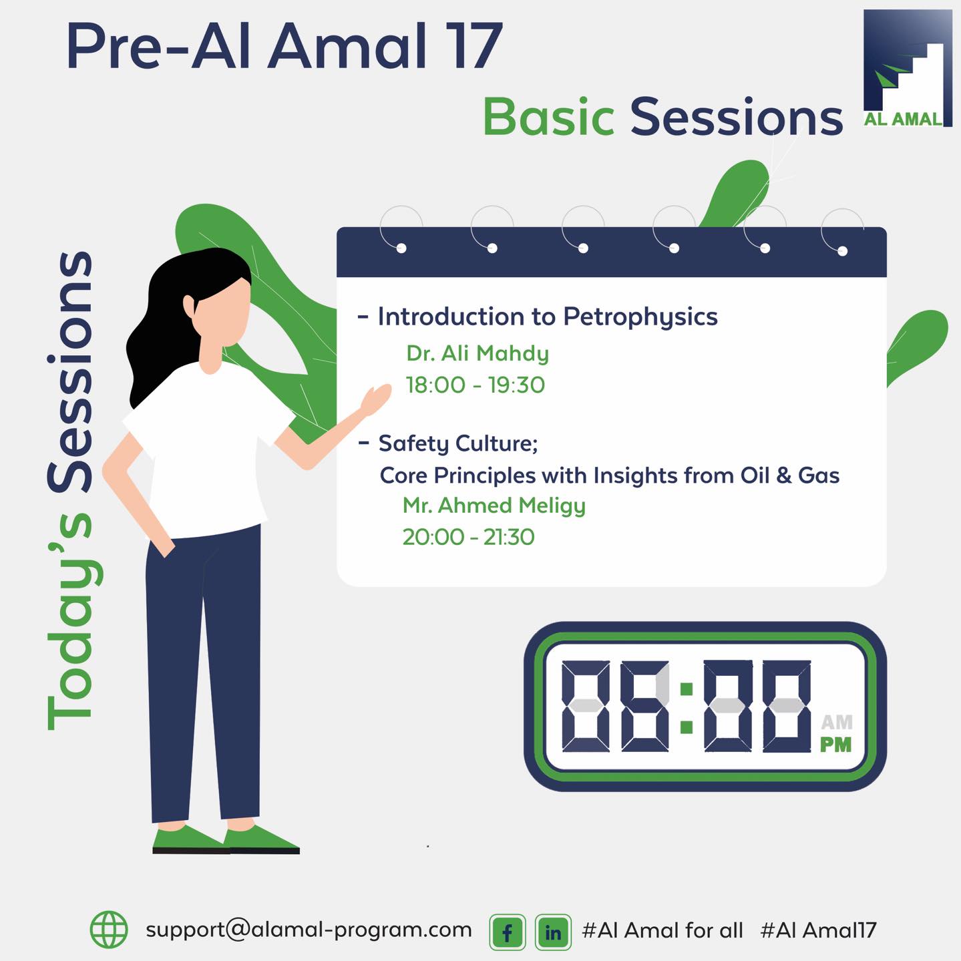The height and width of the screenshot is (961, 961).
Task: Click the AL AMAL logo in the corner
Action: (x=908, y=68)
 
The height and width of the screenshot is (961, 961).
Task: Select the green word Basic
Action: (x=548, y=117)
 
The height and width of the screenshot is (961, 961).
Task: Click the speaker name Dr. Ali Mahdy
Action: (x=477, y=353)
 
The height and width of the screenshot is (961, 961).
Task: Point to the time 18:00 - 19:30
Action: (x=475, y=385)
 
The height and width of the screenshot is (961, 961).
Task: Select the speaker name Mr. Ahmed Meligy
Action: (x=494, y=506)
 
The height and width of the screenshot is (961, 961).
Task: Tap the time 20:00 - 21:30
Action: (x=468, y=537)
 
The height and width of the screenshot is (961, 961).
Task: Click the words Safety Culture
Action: (x=458, y=443)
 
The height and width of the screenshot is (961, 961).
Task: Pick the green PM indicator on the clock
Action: (x=836, y=745)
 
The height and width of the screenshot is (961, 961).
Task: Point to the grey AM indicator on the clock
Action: (x=837, y=722)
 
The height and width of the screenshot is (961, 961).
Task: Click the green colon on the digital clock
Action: (x=687, y=708)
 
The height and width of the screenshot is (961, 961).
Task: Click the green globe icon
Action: (x=109, y=930)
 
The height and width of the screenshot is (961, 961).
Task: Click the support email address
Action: (x=309, y=930)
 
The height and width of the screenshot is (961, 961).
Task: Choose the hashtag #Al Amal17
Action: (x=818, y=930)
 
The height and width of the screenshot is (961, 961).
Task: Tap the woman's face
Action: (x=222, y=313)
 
